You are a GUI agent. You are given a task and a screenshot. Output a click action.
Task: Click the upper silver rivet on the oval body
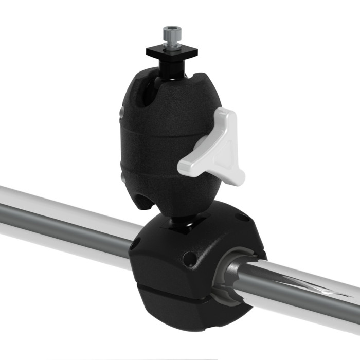[121, 112]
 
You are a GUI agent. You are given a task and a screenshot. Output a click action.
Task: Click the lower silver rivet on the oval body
[122, 177]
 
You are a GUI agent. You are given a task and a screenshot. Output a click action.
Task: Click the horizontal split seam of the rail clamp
[175, 291]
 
